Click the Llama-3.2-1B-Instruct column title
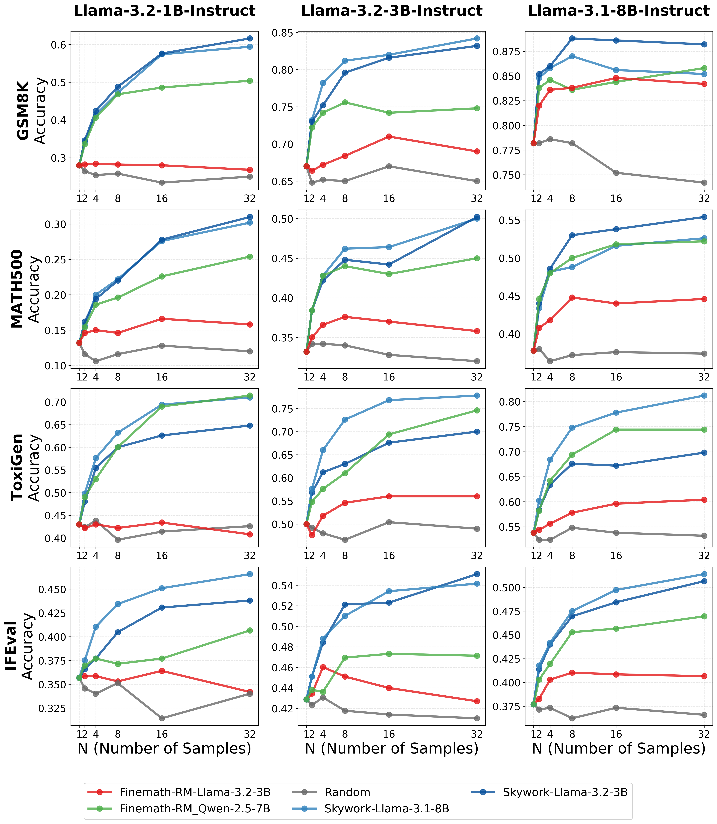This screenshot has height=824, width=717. tap(164, 11)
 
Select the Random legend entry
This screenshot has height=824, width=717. tap(347, 792)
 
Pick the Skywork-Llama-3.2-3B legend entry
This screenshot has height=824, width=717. tap(565, 792)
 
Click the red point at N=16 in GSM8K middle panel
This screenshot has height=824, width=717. tap(389, 136)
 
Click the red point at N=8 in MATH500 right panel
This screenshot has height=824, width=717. tap(572, 297)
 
